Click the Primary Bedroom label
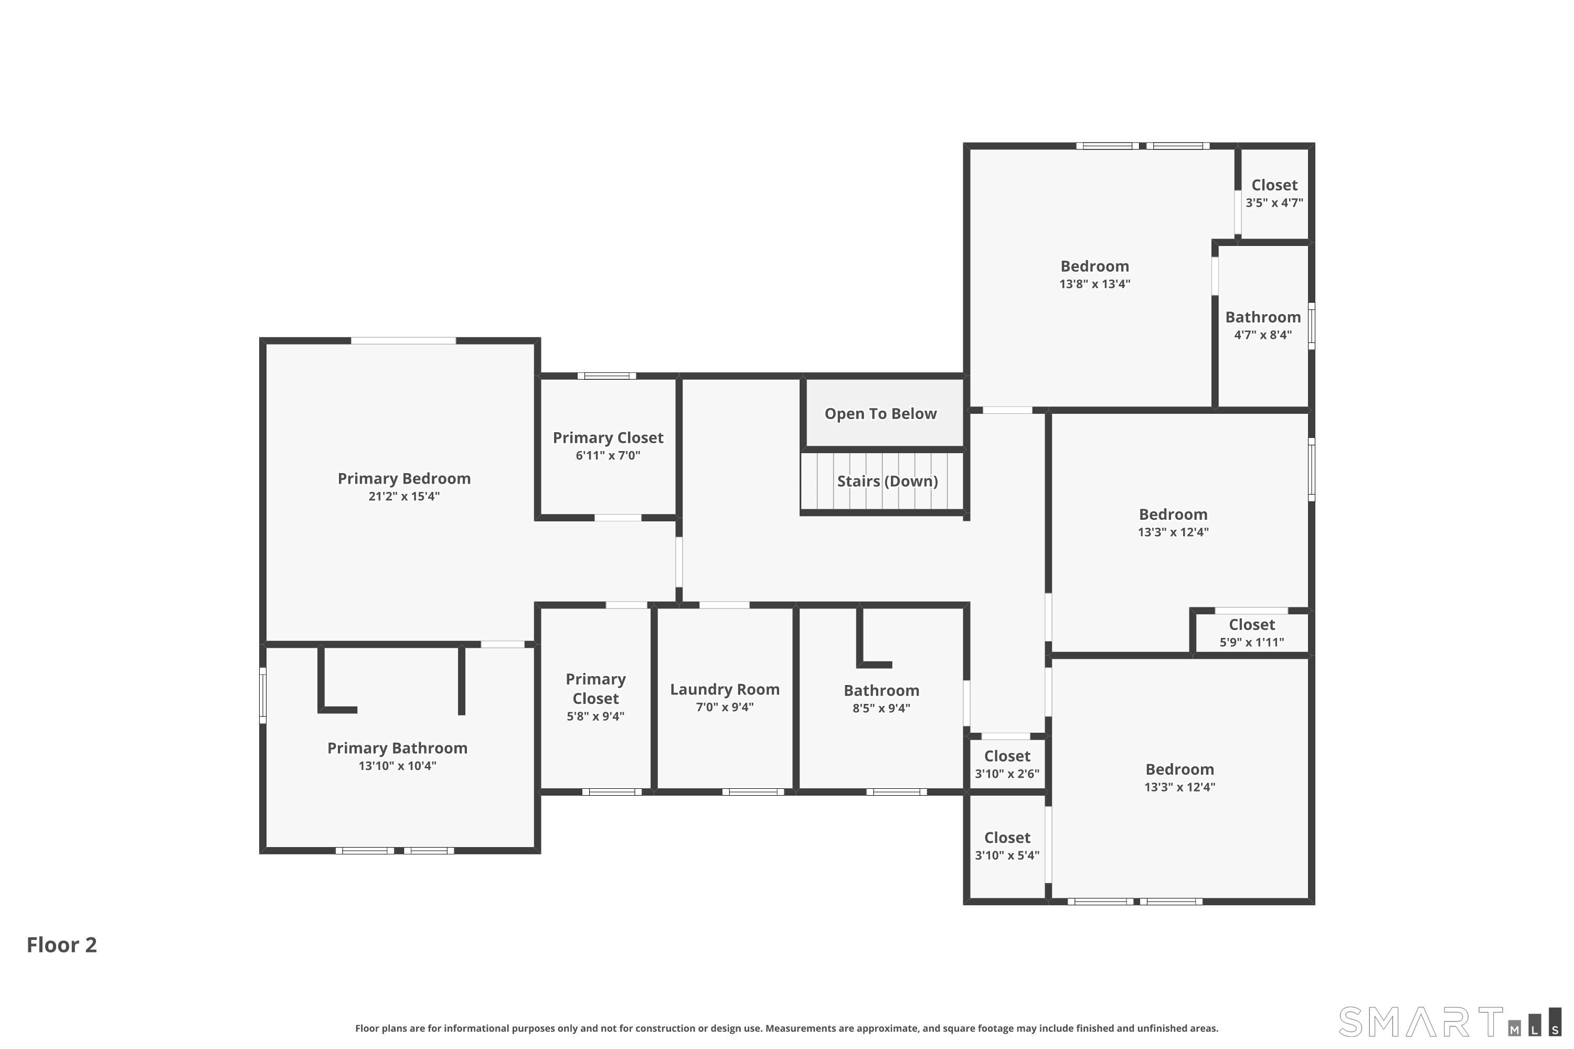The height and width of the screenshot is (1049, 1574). coord(403,478)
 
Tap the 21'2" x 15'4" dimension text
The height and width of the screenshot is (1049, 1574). coord(403,496)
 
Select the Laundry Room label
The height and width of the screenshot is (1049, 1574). coord(725,689)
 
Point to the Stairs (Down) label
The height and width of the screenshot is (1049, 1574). coord(887,481)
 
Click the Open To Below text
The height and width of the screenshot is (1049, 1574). coord(880,413)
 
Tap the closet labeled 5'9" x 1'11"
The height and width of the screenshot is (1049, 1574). coord(1251,632)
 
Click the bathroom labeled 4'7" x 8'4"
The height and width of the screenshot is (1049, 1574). coord(1263,325)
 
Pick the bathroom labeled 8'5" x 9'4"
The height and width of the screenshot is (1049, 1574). coord(881,699)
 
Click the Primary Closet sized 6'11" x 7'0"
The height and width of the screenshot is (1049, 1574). coord(608,445)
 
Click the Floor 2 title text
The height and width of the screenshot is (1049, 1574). coord(61,945)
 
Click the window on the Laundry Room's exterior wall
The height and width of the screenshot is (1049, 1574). coord(752,792)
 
